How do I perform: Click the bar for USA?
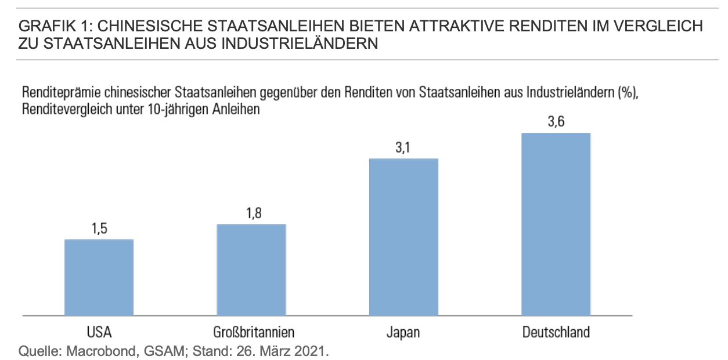click(x=99, y=277)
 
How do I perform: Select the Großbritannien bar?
click(x=251, y=269)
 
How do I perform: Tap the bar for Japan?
click(x=403, y=236)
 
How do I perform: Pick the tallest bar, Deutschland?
click(x=556, y=224)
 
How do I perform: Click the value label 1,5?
click(x=99, y=229)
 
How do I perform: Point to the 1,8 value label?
click(x=251, y=214)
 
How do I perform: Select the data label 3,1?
click(x=403, y=148)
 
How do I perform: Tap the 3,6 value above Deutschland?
click(x=556, y=123)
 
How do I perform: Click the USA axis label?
click(x=99, y=333)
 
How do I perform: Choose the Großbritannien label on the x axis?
click(x=251, y=333)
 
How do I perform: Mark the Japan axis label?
click(x=403, y=333)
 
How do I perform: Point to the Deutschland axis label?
click(x=556, y=333)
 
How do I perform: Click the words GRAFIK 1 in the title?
click(x=50, y=26)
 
